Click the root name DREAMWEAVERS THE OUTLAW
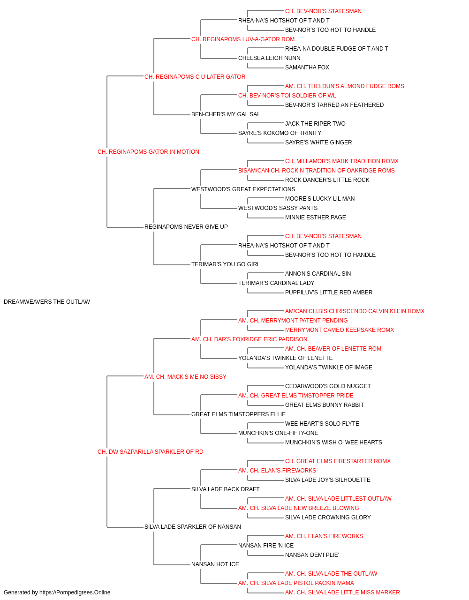tap(47, 302)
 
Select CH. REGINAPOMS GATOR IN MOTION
tap(148, 152)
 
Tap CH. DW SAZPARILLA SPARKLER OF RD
tap(150, 452)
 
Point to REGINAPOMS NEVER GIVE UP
tap(186, 227)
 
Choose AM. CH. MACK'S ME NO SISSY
tap(185, 377)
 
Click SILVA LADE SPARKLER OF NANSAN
tap(192, 527)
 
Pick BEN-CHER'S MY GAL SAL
tap(226, 114)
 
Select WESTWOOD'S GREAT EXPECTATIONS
tap(243, 189)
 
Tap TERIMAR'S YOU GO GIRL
tap(226, 264)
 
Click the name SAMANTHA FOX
tap(307, 67)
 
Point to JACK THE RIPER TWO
tap(315, 124)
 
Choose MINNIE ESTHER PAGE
tap(316, 217)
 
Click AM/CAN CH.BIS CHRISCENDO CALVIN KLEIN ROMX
tap(355, 311)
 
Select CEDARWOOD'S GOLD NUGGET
tap(328, 386)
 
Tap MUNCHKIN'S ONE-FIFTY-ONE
tap(278, 433)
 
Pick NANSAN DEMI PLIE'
tap(312, 555)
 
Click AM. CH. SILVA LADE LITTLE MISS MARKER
tap(342, 592)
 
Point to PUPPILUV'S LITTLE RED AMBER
tap(329, 292)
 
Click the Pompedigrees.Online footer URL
tap(75, 592)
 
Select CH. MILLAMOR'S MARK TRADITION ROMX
tap(342, 161)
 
